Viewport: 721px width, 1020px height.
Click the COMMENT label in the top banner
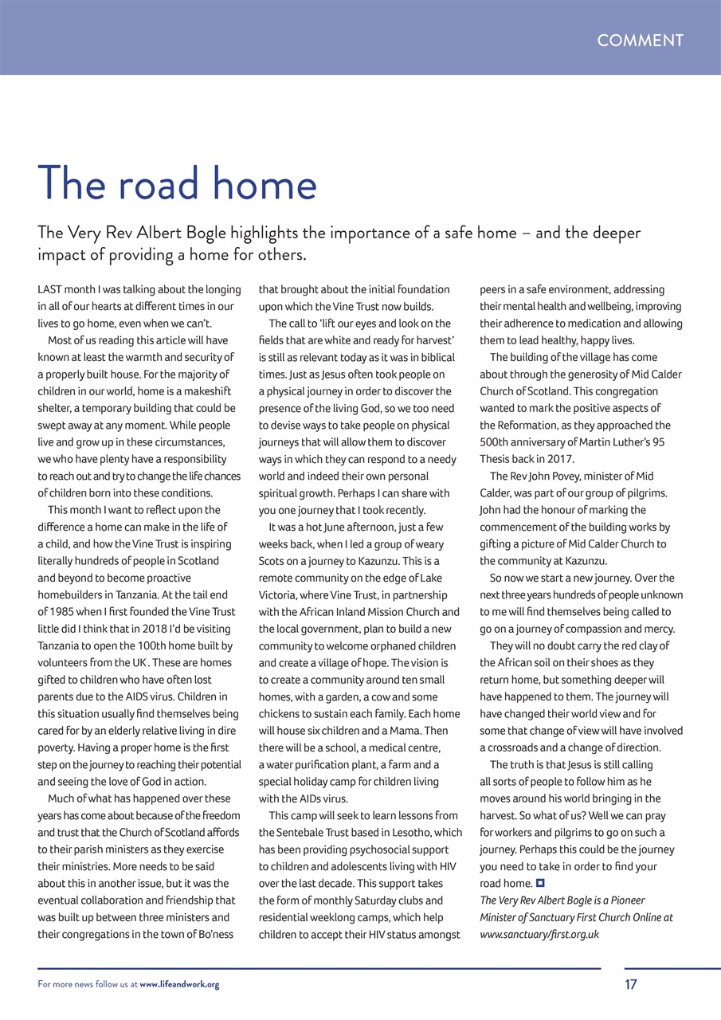coord(640,41)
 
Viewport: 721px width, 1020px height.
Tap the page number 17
coord(630,984)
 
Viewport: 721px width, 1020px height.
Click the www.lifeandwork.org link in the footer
coord(179,985)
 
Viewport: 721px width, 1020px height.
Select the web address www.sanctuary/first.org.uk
coord(539,934)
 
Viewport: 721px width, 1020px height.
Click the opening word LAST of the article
coord(50,289)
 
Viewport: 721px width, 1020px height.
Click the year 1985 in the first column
coord(65,612)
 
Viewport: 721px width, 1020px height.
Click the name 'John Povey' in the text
coord(541,476)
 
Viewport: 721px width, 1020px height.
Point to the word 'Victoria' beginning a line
coord(279,594)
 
